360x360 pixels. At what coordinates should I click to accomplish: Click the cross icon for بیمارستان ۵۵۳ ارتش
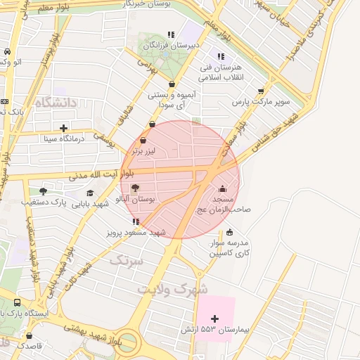pyautogui.click(x=214, y=319)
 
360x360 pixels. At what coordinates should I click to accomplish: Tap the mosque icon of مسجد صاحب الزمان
pyautogui.click(x=223, y=188)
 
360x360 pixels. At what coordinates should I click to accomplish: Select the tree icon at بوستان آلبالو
pyautogui.click(x=135, y=188)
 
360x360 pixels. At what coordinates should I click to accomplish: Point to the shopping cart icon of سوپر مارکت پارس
pyautogui.click(x=262, y=90)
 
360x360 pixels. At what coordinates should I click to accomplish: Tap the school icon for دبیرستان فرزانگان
pyautogui.click(x=170, y=34)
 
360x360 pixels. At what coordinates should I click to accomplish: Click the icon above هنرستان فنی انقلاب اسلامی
pyautogui.click(x=221, y=56)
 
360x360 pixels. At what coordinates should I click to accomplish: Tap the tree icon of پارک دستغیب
pyautogui.click(x=43, y=191)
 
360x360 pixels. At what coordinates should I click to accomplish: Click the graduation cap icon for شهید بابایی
pyautogui.click(x=89, y=193)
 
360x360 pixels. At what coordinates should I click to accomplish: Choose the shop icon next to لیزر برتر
pyautogui.click(x=143, y=140)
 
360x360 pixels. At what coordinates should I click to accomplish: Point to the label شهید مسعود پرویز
pyautogui.click(x=136, y=232)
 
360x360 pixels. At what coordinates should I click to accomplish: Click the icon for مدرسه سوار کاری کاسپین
pyautogui.click(x=229, y=232)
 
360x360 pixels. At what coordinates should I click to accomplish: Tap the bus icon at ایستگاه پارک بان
pyautogui.click(x=16, y=302)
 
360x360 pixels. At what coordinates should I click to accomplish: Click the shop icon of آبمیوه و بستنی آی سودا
pyautogui.click(x=172, y=84)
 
